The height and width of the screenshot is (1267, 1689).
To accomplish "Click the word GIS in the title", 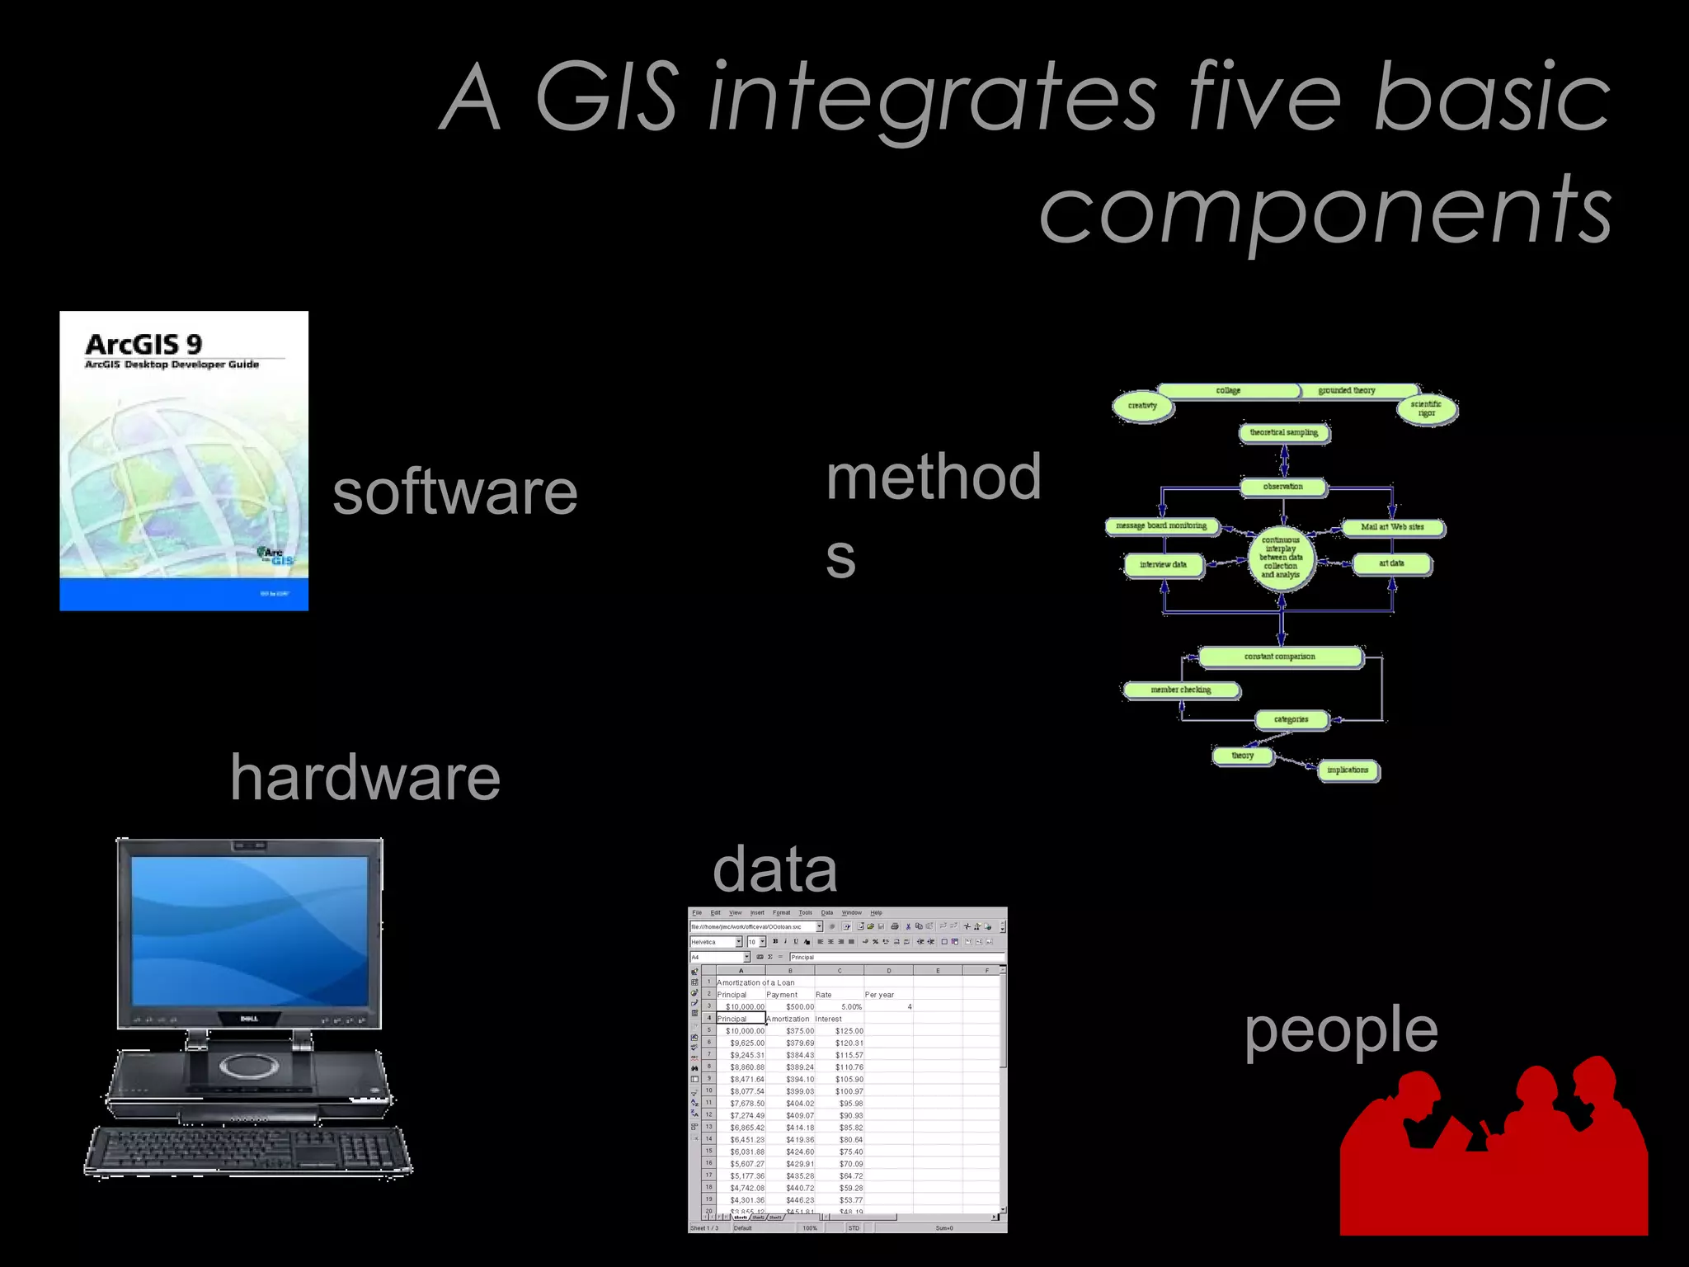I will [x=608, y=97].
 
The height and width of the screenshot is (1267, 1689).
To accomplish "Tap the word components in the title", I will [x=1324, y=210].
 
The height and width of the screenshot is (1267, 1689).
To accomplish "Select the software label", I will [x=454, y=492].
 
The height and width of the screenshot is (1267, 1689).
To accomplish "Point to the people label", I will [x=1341, y=1031].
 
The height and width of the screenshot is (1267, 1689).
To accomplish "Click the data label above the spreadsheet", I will [x=774, y=869].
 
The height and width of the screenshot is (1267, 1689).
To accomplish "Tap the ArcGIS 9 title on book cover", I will [x=143, y=344].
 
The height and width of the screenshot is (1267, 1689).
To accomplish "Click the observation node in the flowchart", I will [x=1283, y=487].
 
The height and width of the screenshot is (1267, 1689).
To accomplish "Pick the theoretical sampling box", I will [x=1283, y=432].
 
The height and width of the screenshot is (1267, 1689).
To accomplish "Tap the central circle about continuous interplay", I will [x=1281, y=558].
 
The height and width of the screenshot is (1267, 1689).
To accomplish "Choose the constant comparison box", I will [x=1279, y=657].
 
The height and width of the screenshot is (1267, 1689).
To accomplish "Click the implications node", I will [x=1347, y=770].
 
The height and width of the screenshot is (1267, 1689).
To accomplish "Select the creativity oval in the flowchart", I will [x=1142, y=406].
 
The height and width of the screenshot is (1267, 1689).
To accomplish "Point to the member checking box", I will [x=1180, y=690].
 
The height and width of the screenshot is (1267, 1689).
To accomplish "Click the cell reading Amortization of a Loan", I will [x=755, y=982].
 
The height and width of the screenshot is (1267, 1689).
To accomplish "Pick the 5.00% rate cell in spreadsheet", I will [x=851, y=1006].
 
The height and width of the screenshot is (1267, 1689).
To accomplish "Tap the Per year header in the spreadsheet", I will [x=879, y=995].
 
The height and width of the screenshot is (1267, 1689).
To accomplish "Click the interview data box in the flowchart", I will [x=1163, y=565].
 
